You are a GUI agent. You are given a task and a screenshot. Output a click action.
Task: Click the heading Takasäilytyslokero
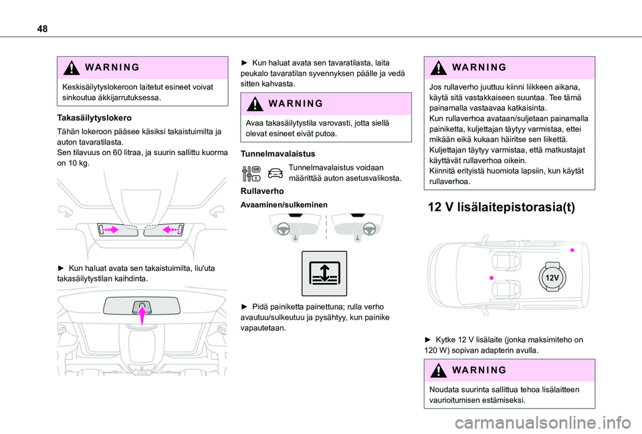pyautogui.click(x=86, y=117)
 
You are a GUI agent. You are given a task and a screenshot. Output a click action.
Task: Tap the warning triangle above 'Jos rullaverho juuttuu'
pyautogui.click(x=437, y=69)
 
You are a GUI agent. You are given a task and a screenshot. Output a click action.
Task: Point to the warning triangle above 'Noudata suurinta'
pyautogui.click(x=437, y=371)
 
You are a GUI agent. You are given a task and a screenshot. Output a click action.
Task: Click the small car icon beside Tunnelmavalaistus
pyautogui.click(x=274, y=173)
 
